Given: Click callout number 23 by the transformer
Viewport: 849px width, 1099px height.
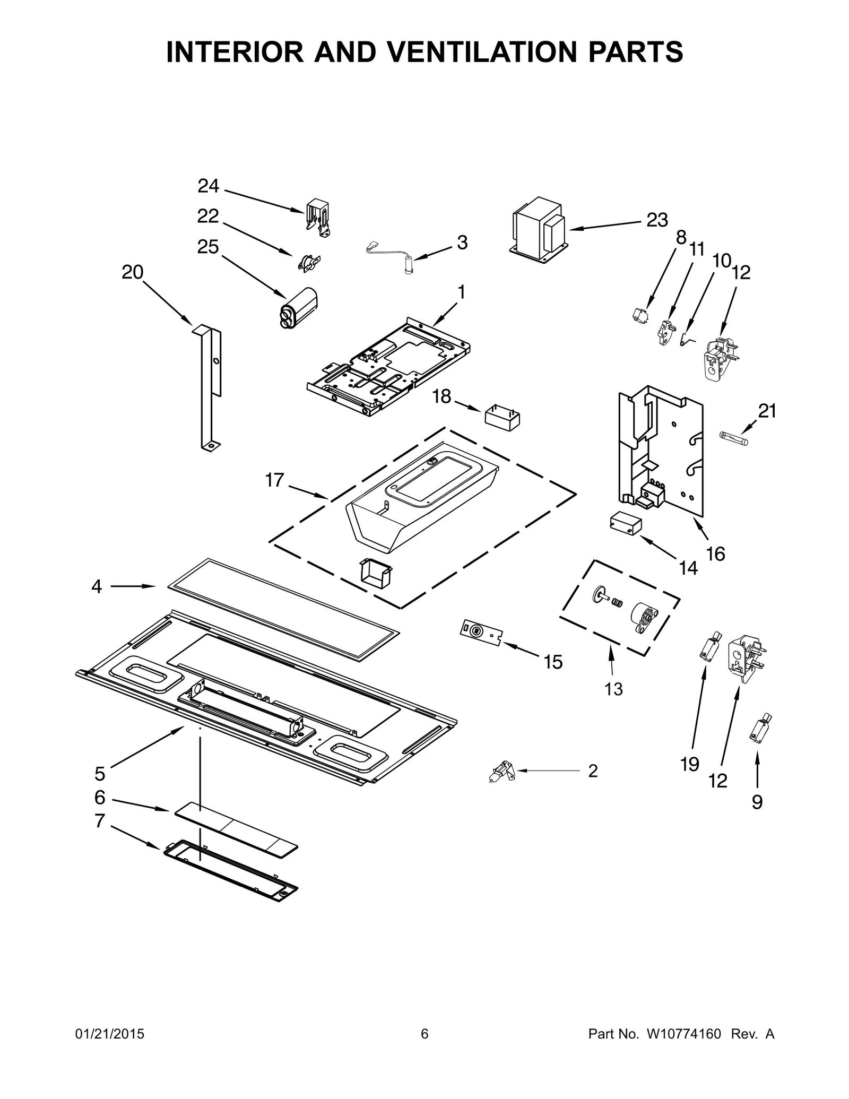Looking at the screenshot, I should [x=657, y=220].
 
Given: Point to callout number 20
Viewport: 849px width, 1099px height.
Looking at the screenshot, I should [x=133, y=272].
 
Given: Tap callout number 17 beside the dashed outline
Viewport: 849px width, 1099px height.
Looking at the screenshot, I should [x=274, y=480].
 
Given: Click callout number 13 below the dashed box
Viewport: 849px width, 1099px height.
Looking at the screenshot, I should [x=613, y=689].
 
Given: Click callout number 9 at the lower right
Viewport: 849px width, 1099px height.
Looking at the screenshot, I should [x=757, y=802].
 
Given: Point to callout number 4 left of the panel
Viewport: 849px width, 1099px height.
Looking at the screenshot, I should [x=97, y=586].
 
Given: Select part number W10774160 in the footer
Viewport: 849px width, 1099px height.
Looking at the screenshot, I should [x=683, y=1034].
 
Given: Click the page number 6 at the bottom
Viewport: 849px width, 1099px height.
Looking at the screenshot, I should [x=424, y=1034].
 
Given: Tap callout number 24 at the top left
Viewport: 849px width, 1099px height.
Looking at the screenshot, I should [x=208, y=186].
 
